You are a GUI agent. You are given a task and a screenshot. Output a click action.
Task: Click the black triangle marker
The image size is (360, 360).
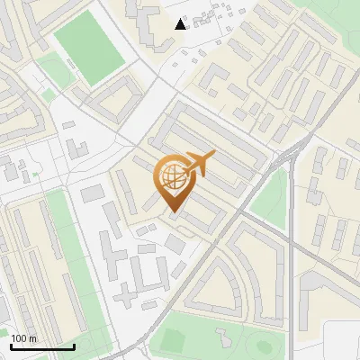coord(181,23)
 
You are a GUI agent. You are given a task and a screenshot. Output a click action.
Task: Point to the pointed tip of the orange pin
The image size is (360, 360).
coord(172,212)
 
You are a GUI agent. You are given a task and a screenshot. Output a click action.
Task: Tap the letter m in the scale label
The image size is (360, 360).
coord(33,338)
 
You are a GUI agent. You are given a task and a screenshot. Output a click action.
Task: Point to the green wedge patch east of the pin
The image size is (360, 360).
coord(269,198)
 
